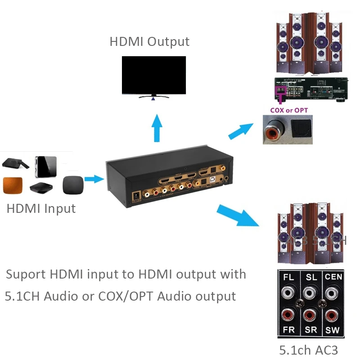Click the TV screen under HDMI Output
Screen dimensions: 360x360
click(x=153, y=75)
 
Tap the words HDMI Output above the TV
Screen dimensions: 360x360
click(x=149, y=42)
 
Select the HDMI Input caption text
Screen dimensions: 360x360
click(x=41, y=209)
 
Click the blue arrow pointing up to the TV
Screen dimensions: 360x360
click(x=157, y=128)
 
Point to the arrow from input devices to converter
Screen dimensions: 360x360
click(x=94, y=179)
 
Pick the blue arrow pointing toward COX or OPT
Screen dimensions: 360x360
click(x=241, y=131)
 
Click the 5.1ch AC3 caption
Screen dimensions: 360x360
click(x=308, y=350)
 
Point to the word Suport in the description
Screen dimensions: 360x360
click(x=26, y=274)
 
